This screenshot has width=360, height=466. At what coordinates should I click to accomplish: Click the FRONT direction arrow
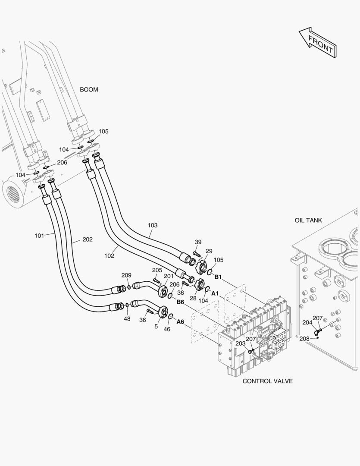pyautogui.click(x=318, y=43)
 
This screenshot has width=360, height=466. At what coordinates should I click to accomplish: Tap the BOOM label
pyautogui.click(x=89, y=90)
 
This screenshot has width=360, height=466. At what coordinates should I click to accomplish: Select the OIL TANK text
pyautogui.click(x=308, y=220)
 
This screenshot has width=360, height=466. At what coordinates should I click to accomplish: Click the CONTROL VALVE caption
pyautogui.click(x=267, y=381)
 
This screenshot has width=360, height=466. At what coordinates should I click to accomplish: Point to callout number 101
pyautogui.click(x=39, y=236)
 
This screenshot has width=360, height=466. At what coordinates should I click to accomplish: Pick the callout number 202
pyautogui.click(x=88, y=239)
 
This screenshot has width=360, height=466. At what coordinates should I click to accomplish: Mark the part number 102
pyautogui.click(x=109, y=255)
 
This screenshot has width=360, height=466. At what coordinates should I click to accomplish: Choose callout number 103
pyautogui.click(x=153, y=225)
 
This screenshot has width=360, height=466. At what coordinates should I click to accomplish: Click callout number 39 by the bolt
pyautogui.click(x=198, y=242)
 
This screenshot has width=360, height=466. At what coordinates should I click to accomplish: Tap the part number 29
pyautogui.click(x=209, y=251)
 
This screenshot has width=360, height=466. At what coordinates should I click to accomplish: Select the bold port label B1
pyautogui.click(x=218, y=277)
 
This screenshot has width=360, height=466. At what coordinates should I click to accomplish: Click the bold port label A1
pyautogui.click(x=214, y=293)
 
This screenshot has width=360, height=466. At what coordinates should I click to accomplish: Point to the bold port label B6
pyautogui.click(x=180, y=302)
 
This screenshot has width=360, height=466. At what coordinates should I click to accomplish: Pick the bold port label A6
pyautogui.click(x=180, y=322)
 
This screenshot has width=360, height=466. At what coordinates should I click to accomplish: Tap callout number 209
pyautogui.click(x=126, y=275)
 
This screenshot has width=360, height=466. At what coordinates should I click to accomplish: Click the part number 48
pyautogui.click(x=127, y=318)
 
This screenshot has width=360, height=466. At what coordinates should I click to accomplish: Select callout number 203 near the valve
pyautogui.click(x=240, y=343)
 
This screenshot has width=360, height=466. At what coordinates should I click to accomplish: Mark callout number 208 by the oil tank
pyautogui.click(x=304, y=339)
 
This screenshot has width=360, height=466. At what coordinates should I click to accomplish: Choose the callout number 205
pyautogui.click(x=157, y=270)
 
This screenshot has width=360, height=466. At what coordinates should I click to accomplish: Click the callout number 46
pyautogui.click(x=167, y=329)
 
